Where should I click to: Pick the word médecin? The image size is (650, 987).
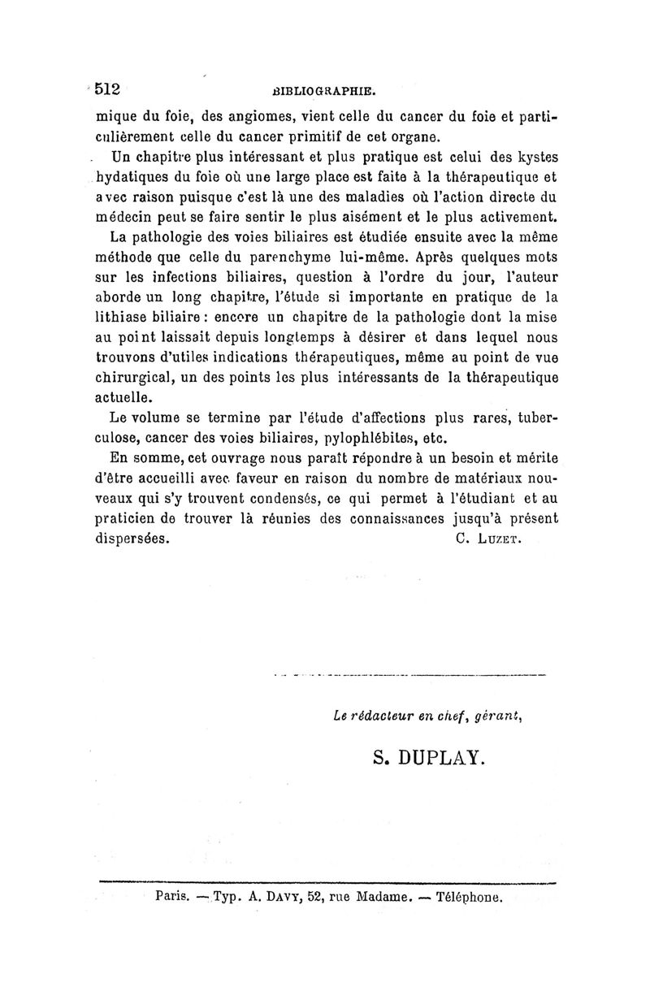point(122,217)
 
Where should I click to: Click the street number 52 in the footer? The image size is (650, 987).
point(297,898)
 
